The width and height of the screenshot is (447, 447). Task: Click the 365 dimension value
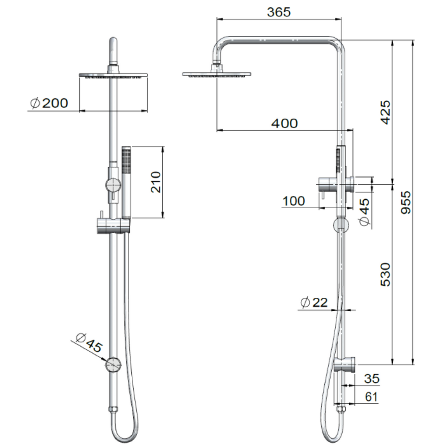point(279,12)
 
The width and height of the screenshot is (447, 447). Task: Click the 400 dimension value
point(284,124)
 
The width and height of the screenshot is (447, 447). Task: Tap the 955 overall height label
point(406,202)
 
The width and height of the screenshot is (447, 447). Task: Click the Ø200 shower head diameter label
point(49,103)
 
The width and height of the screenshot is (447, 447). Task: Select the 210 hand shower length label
point(156,182)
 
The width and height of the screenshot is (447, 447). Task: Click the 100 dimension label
point(294,201)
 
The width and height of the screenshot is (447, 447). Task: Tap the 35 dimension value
point(371,378)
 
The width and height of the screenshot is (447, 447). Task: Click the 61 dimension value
point(371,397)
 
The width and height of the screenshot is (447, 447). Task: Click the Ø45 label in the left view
point(89,343)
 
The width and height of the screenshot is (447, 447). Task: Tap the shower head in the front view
point(113,76)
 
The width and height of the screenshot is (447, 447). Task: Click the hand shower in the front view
point(126,181)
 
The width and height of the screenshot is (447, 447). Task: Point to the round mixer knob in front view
point(113,185)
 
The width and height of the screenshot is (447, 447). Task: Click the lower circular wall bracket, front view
point(113,364)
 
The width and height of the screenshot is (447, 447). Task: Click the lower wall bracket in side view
point(346,364)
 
